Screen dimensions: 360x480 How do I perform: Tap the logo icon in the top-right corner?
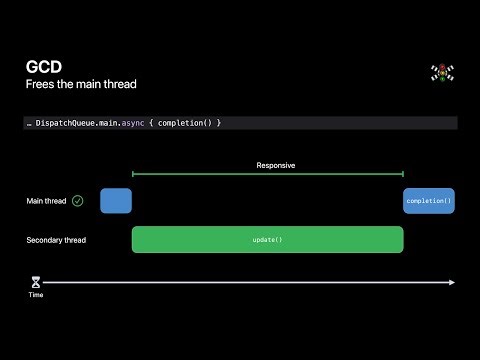(x=442, y=73)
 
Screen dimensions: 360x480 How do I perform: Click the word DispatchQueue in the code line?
(x=67, y=123)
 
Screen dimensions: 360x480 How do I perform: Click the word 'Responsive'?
(x=276, y=165)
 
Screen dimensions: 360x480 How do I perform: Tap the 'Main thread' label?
(x=46, y=201)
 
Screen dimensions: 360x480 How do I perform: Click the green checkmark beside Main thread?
(x=78, y=201)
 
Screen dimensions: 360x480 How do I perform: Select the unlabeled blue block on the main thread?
(x=116, y=201)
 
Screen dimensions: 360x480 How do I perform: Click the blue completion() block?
(x=429, y=201)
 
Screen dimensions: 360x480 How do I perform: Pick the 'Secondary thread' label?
(x=56, y=240)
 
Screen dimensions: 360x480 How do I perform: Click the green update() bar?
(x=267, y=240)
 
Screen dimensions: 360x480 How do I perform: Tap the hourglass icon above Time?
(x=35, y=283)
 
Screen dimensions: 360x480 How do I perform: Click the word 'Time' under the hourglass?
(x=35, y=295)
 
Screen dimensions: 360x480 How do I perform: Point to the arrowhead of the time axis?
(x=453, y=283)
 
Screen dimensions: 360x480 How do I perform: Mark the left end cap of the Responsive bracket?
(x=133, y=175)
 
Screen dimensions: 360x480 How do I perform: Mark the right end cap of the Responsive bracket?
(x=403, y=175)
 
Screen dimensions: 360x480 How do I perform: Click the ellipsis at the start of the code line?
(x=29, y=124)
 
